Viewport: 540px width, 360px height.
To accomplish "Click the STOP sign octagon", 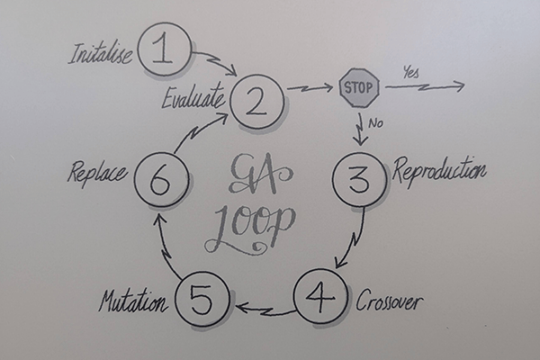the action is click(359, 88).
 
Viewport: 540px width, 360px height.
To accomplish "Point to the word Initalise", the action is click(100, 54).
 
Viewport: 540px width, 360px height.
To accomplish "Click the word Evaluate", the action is click(193, 98).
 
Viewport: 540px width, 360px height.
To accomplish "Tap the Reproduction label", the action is click(440, 170).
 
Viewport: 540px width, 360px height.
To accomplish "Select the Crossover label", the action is click(389, 301).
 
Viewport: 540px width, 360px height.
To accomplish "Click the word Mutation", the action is click(133, 301).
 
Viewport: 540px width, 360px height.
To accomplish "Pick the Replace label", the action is click(98, 173).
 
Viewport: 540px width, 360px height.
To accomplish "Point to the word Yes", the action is click(411, 74).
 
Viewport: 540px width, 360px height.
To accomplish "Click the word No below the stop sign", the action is click(375, 123).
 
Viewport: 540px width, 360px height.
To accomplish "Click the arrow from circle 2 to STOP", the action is click(310, 88).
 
